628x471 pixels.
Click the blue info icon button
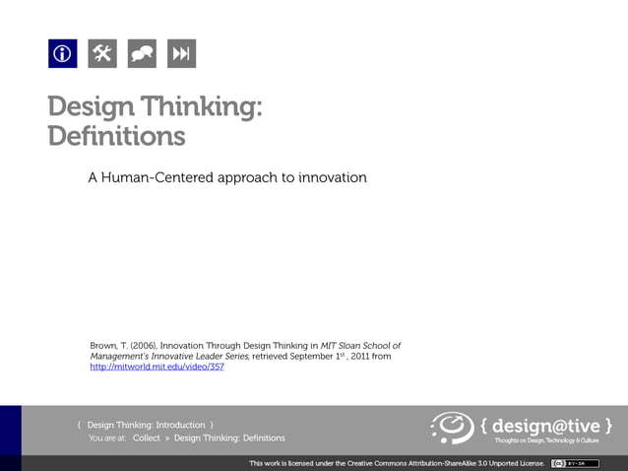(63, 53)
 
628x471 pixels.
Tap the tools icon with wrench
(102, 53)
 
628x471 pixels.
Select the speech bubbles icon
(142, 53)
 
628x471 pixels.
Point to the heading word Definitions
(116, 135)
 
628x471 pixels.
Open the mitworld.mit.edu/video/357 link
(157, 367)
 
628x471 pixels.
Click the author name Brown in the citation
(103, 346)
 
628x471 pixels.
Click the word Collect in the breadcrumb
(146, 437)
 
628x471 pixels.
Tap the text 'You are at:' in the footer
(107, 437)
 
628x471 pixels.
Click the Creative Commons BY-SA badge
(569, 462)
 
